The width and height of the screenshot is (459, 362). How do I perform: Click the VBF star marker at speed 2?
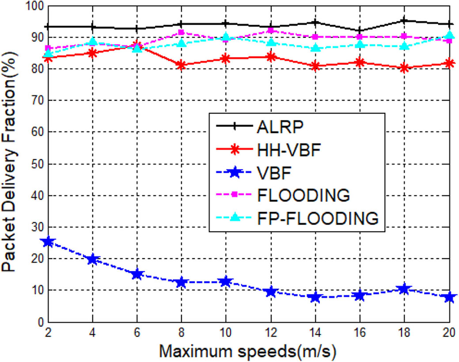(48, 242)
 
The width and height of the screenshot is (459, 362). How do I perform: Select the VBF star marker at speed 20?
(449, 297)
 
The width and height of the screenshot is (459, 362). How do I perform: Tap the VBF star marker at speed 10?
(226, 282)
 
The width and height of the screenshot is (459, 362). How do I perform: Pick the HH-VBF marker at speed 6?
(137, 46)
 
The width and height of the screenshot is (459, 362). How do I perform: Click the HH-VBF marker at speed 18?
(405, 68)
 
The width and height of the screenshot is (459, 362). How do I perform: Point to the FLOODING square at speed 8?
(182, 32)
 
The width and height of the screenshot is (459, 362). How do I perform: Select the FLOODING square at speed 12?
(271, 30)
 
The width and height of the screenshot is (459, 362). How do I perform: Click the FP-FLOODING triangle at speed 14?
(315, 47)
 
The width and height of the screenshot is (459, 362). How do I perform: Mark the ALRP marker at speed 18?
(405, 20)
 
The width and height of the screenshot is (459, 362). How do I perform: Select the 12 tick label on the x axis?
(271, 331)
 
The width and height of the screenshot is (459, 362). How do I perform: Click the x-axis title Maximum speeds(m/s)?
(248, 351)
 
